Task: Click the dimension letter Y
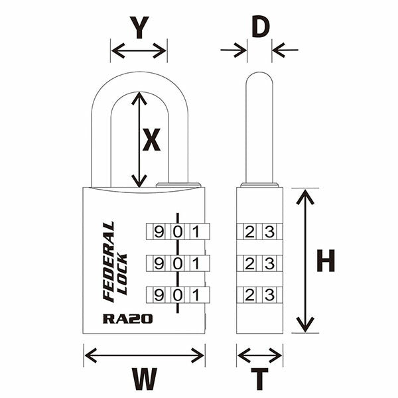[138, 28]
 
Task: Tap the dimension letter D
[261, 27]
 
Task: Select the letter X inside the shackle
[152, 140]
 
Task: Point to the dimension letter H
[325, 260]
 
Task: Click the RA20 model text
[128, 318]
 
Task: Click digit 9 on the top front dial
[159, 232]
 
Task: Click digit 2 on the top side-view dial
[249, 232]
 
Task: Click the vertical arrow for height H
[304, 260]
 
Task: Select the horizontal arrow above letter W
[144, 356]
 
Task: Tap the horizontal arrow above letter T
[259, 356]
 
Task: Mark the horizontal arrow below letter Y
[139, 50]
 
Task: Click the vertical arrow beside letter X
[139, 139]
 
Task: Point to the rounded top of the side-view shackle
[260, 78]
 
